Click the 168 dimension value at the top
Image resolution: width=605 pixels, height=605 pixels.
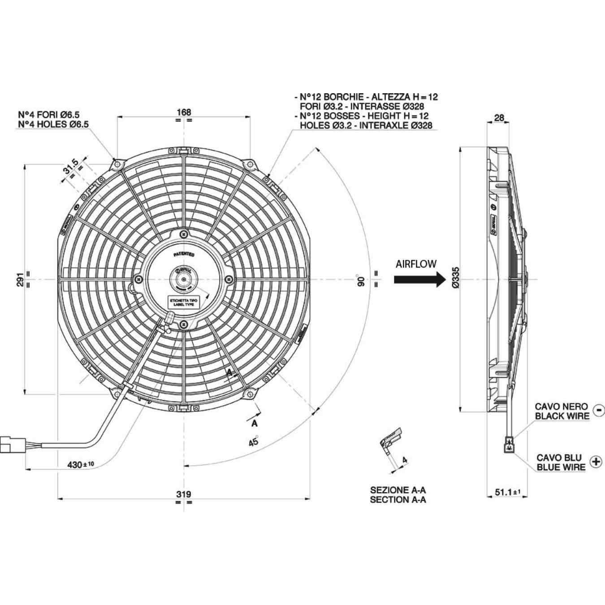[x=184, y=112]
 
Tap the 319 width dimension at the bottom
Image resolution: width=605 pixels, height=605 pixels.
[x=184, y=494]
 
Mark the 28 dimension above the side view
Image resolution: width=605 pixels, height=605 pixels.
[x=499, y=118]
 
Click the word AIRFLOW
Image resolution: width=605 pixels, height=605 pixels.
[x=416, y=264]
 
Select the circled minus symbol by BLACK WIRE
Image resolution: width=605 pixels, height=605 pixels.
[x=598, y=410]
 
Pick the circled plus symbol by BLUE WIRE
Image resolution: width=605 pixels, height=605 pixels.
[x=596, y=462]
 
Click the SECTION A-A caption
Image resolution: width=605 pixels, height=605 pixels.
[x=398, y=500]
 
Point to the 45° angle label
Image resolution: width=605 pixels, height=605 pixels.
[x=254, y=441]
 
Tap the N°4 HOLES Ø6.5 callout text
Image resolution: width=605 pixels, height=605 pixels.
[x=53, y=124]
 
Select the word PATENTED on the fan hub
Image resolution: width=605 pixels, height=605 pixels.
[x=184, y=254]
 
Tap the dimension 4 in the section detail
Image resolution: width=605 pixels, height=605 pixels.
[x=405, y=460]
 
